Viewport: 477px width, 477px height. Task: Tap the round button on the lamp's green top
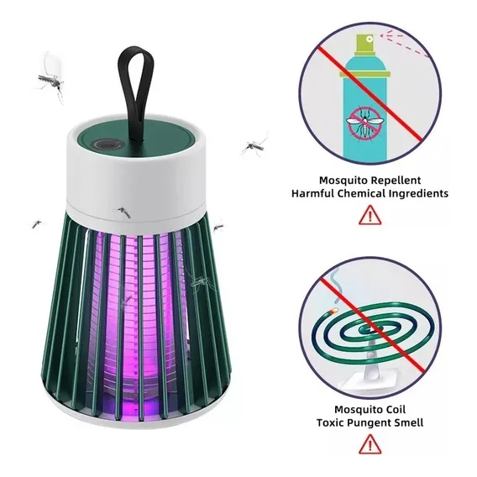pyautogui.click(x=107, y=144)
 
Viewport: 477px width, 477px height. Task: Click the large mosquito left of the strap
pyautogui.click(x=50, y=80)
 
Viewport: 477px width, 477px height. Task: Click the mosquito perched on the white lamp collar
pyautogui.click(x=124, y=212)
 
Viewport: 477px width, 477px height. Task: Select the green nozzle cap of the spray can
pyautogui.click(x=365, y=43)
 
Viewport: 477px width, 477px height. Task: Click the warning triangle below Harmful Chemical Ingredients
pyautogui.click(x=370, y=215)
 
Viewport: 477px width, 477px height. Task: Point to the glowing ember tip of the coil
pyautogui.click(x=333, y=312)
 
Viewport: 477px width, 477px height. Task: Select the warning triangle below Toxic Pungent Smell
pyautogui.click(x=370, y=444)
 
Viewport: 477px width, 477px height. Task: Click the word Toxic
pyautogui.click(x=330, y=422)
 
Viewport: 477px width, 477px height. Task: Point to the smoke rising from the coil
pyautogui.click(x=336, y=286)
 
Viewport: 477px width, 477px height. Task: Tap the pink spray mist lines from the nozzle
pyautogui.click(x=405, y=45)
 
